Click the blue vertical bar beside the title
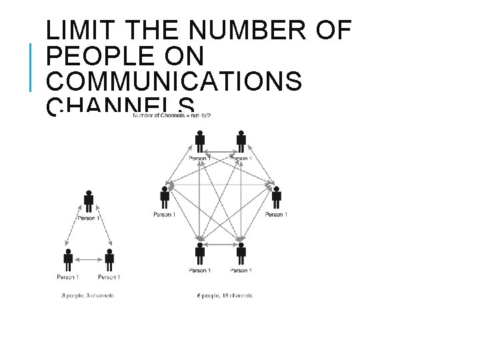tap(31, 67)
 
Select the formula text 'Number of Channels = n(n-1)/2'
tap(172, 116)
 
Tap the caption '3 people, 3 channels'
tap(87, 295)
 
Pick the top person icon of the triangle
tap(88, 201)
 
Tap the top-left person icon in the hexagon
tap(199, 141)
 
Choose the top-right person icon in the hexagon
tap(241, 141)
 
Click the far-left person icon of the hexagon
tap(165, 197)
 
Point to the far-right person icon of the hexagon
tap(276, 197)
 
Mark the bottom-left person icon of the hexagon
tap(199, 253)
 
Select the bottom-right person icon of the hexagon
tap(241, 253)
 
